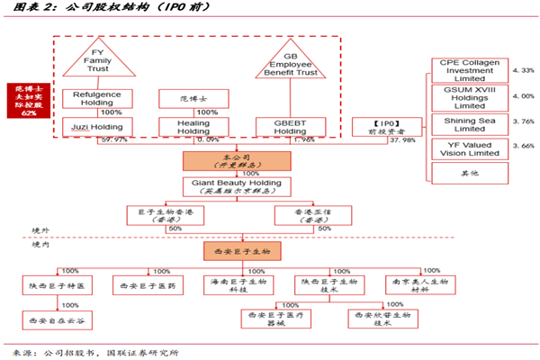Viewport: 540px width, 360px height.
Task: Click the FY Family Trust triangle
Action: [96, 62]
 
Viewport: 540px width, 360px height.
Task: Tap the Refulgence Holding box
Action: [98, 97]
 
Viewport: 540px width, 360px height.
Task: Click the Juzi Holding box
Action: [98, 126]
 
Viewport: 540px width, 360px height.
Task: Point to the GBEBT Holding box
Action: [284, 126]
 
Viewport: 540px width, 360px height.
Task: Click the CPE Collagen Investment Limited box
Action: [468, 69]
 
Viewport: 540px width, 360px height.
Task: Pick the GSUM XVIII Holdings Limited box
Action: [468, 97]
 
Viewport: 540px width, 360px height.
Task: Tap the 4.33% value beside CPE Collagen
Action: [523, 69]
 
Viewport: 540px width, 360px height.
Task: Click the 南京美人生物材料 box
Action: [416, 285]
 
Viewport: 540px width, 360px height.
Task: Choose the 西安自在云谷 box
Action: [58, 319]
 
